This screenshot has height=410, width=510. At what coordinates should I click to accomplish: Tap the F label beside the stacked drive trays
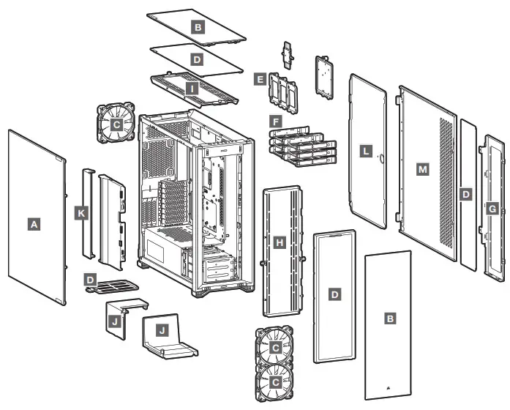(x=275, y=119)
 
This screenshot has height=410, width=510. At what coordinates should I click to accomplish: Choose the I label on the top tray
(x=192, y=88)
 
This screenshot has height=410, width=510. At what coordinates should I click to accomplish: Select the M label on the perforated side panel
(x=421, y=169)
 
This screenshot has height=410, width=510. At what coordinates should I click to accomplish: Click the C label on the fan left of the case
(x=115, y=124)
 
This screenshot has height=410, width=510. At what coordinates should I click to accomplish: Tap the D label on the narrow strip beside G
(x=465, y=195)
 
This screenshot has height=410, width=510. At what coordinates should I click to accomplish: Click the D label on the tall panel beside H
(x=335, y=294)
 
